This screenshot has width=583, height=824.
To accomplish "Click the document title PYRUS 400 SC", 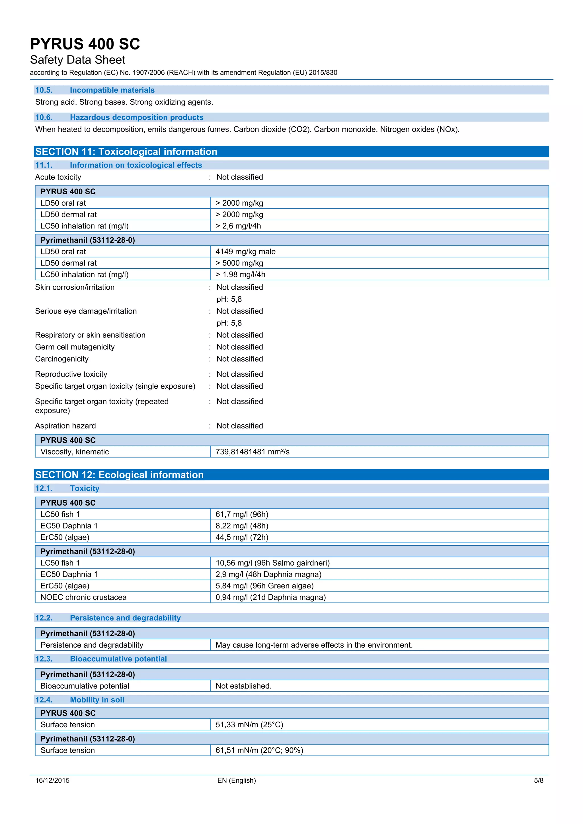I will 85,44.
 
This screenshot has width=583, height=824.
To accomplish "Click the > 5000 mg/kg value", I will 239,263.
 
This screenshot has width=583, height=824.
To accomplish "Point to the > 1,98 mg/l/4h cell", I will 240,275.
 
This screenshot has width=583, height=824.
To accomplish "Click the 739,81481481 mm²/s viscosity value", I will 253,452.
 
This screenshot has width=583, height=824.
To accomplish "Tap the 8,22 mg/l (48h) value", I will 242,526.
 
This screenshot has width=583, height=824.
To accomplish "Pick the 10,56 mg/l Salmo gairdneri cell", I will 272,563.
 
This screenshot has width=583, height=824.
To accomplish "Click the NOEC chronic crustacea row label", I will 83,597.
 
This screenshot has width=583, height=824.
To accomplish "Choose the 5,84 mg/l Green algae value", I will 264,586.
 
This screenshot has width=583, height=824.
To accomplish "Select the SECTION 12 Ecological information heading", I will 119,475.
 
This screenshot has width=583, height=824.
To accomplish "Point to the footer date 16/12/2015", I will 52,780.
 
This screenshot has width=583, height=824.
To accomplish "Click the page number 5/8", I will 539,780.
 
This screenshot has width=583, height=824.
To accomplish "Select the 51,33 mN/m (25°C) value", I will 249,725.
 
